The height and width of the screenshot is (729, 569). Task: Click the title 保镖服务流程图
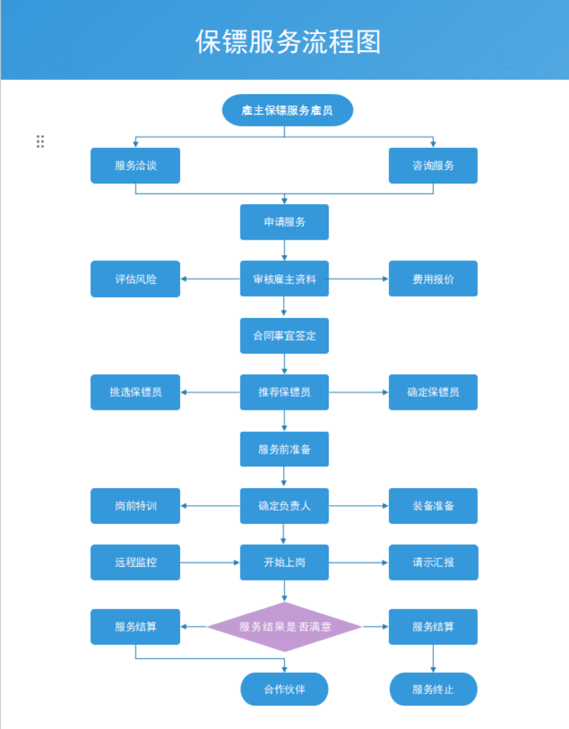pos(288,42)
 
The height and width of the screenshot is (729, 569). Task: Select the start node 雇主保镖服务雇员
pos(287,110)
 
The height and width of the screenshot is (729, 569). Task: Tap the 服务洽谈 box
pos(135,166)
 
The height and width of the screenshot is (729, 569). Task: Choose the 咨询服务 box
pos(433,166)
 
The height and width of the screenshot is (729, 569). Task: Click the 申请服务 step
pos(284,222)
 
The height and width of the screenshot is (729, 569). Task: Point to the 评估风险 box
pos(135,279)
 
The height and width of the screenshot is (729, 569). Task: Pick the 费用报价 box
pos(433,279)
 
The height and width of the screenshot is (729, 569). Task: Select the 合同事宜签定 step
pos(284,336)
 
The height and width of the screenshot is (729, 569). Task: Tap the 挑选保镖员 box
pos(135,393)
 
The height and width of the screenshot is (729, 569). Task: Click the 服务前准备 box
pos(284,449)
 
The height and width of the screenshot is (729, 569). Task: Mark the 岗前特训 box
pos(135,506)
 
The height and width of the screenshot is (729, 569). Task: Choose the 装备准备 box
pos(433,506)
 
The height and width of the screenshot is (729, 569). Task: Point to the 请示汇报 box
pos(433,563)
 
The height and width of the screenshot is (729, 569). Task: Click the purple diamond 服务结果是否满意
pos(284,627)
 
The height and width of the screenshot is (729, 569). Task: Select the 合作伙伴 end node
pos(284,689)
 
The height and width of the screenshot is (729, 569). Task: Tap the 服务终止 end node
pos(433,689)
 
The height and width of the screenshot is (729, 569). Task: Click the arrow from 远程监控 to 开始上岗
pos(210,563)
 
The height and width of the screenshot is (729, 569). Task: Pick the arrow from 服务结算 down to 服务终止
pos(433,659)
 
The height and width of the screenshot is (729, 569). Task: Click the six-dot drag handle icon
pos(41,142)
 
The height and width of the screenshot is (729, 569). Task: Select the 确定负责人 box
pos(284,506)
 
